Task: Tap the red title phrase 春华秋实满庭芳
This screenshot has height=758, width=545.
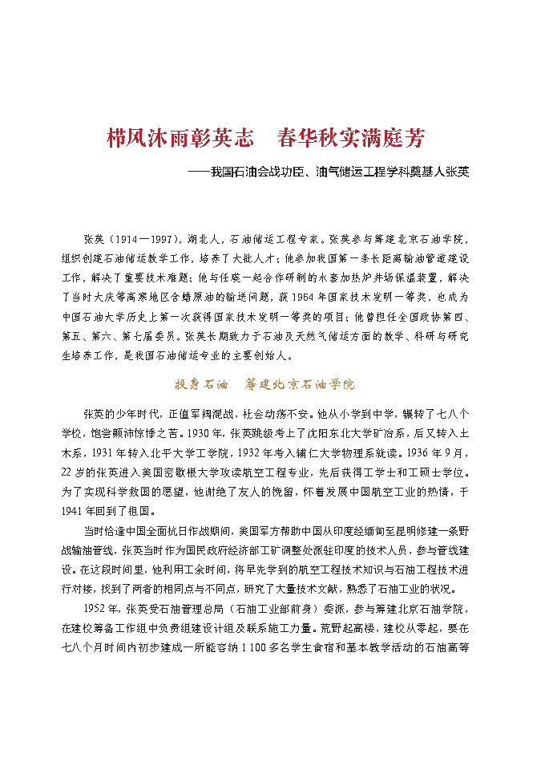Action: click(350, 138)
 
